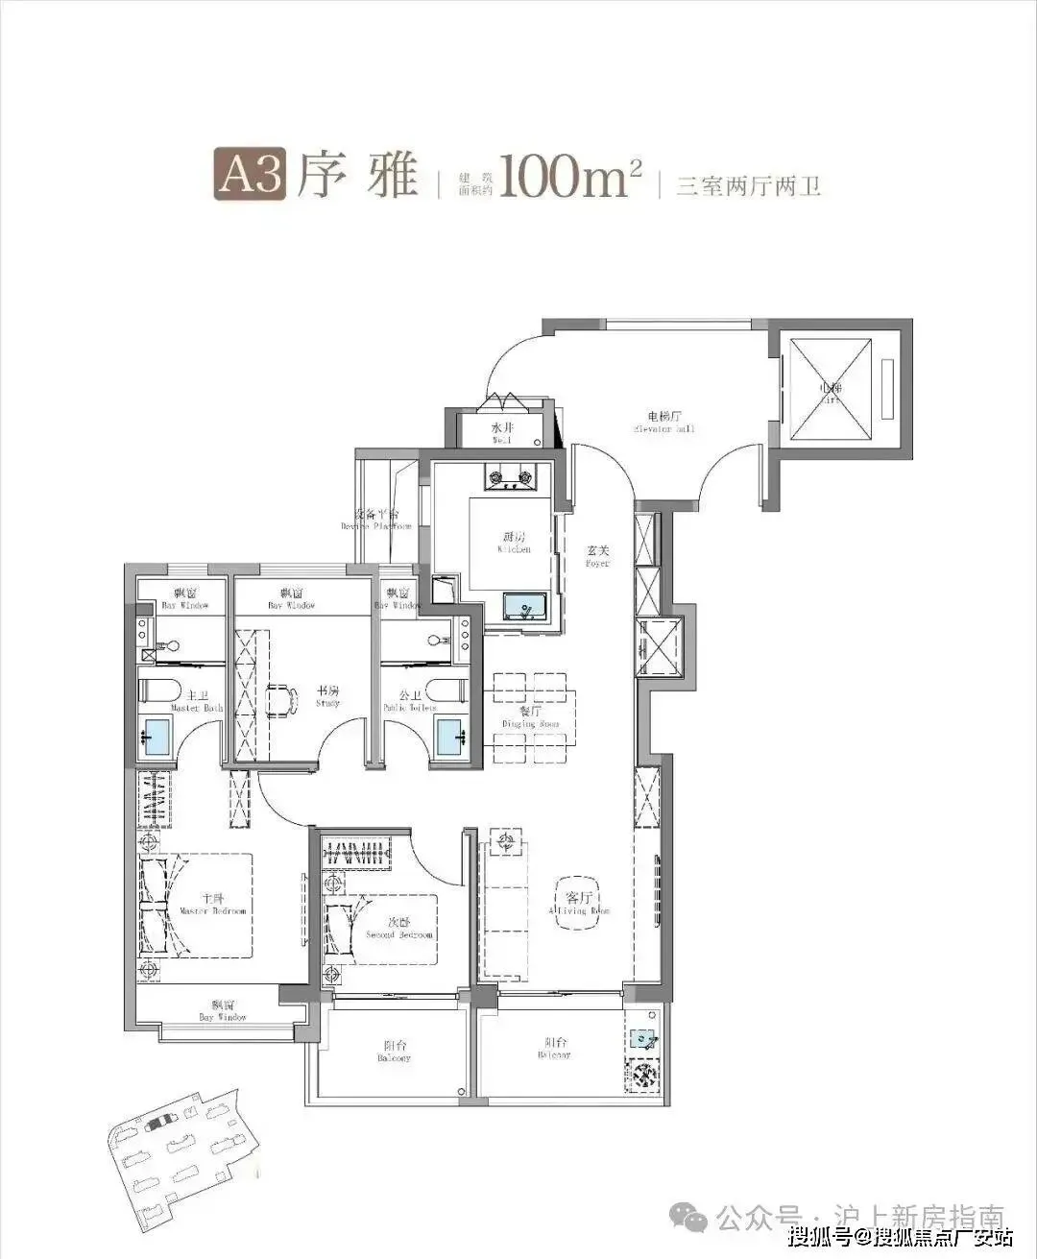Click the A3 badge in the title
(250, 175)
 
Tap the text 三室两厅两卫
(748, 185)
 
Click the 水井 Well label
(502, 433)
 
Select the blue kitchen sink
(524, 608)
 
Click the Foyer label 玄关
(598, 557)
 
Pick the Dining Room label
(530, 718)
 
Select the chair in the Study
(281, 700)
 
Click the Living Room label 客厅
(579, 903)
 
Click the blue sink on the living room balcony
(642, 1038)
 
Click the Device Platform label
(375, 520)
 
